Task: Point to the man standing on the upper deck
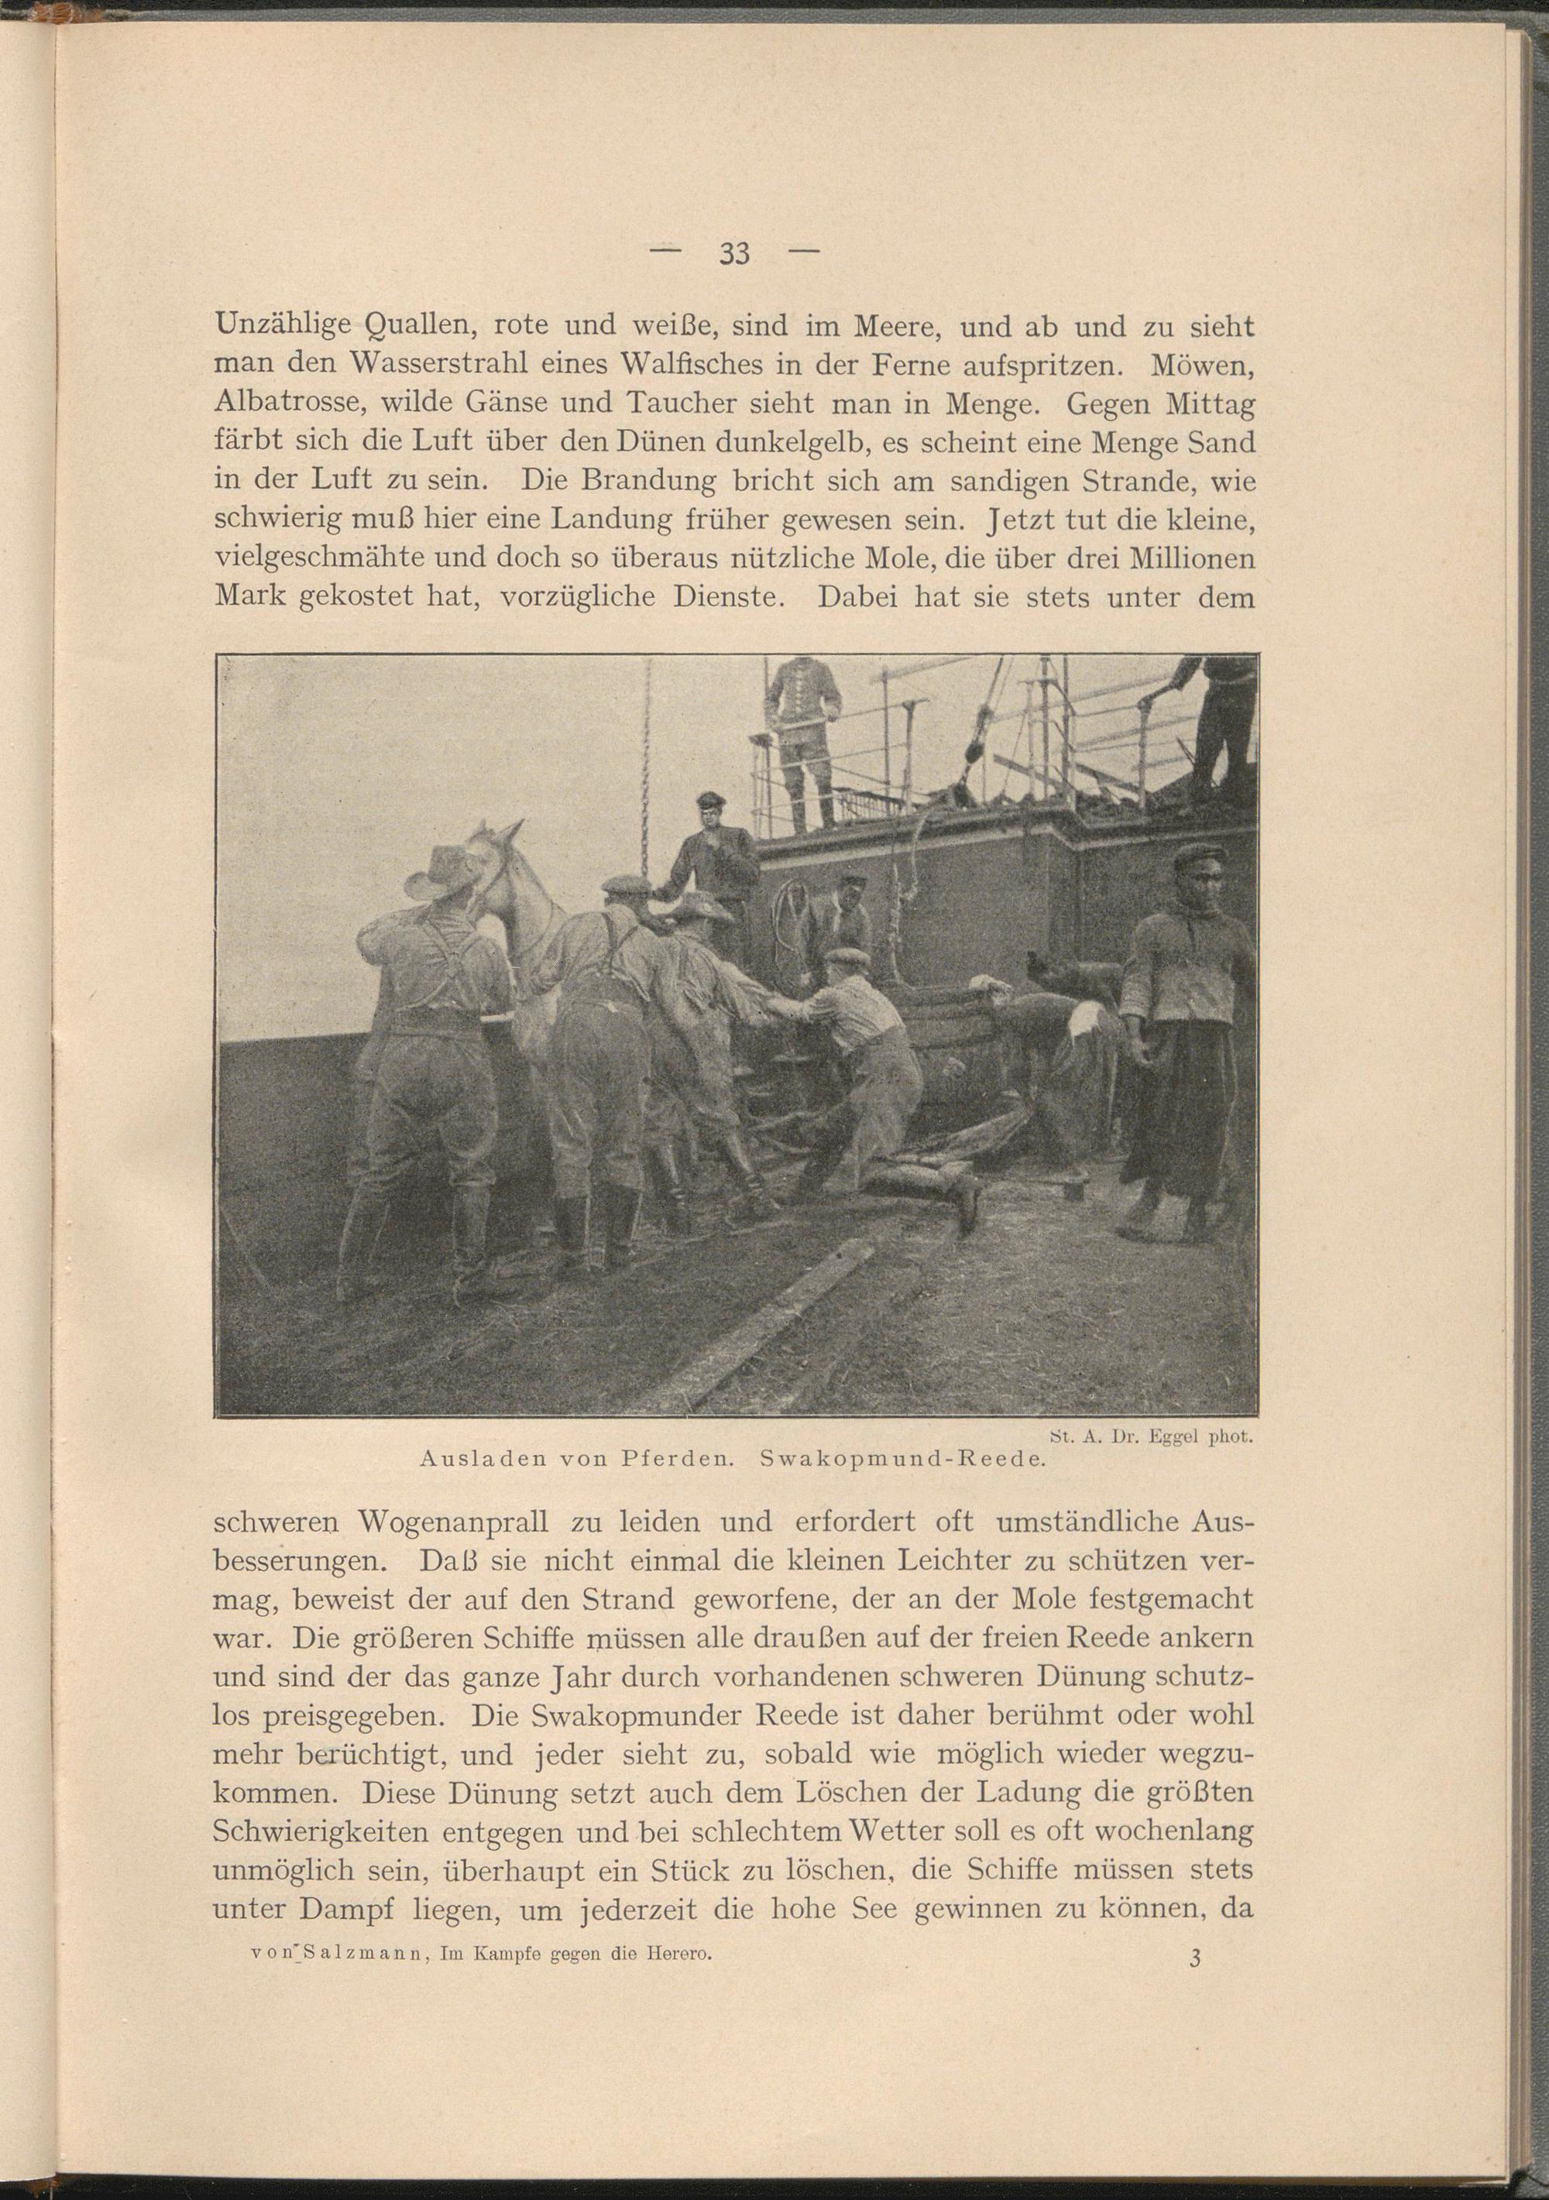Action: pyautogui.click(x=803, y=738)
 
